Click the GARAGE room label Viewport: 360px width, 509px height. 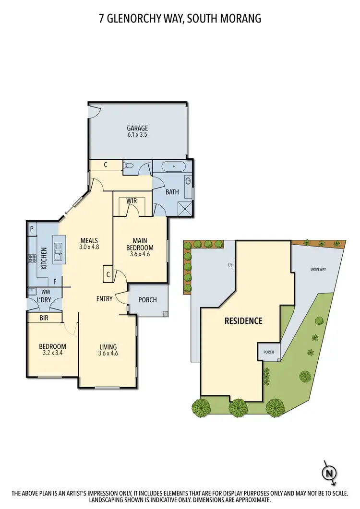[137, 128]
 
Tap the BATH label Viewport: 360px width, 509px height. [172, 192]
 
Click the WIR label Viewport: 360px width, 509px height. [132, 200]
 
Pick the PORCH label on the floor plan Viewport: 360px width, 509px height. [147, 300]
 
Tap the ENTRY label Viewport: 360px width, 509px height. [104, 299]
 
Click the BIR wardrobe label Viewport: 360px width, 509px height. [43, 318]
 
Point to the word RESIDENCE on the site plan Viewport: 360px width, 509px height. [244, 321]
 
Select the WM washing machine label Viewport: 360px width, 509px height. [46, 291]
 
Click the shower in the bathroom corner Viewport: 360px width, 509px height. [185, 208]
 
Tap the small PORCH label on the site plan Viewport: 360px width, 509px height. [268, 352]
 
